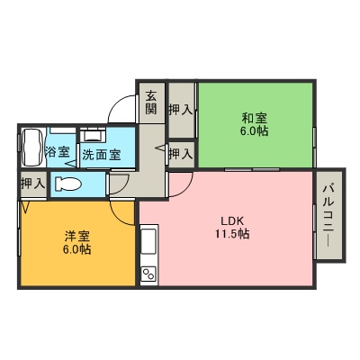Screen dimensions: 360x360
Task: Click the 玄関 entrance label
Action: (151, 103)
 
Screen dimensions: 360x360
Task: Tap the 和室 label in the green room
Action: (255, 118)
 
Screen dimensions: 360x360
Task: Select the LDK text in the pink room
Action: (232, 221)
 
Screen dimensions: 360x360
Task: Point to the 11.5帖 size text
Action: (232, 234)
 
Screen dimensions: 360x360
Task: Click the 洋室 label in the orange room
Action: (77, 237)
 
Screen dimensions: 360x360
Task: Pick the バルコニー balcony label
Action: (329, 216)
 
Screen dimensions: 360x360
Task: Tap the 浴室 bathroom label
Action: (58, 152)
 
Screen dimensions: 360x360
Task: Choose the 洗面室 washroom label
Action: (102, 155)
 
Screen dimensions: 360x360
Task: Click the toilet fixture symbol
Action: (68, 184)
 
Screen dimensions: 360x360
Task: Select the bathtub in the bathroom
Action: (31, 147)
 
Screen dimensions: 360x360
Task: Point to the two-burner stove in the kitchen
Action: (148, 274)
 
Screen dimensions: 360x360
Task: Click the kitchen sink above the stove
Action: (148, 241)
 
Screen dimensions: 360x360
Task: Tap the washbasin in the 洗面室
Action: (93, 134)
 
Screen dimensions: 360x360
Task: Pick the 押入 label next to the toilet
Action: (32, 184)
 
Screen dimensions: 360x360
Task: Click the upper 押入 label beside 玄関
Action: (181, 110)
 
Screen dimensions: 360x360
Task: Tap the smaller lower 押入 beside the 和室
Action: (181, 154)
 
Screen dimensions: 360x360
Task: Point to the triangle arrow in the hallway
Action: (160, 148)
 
